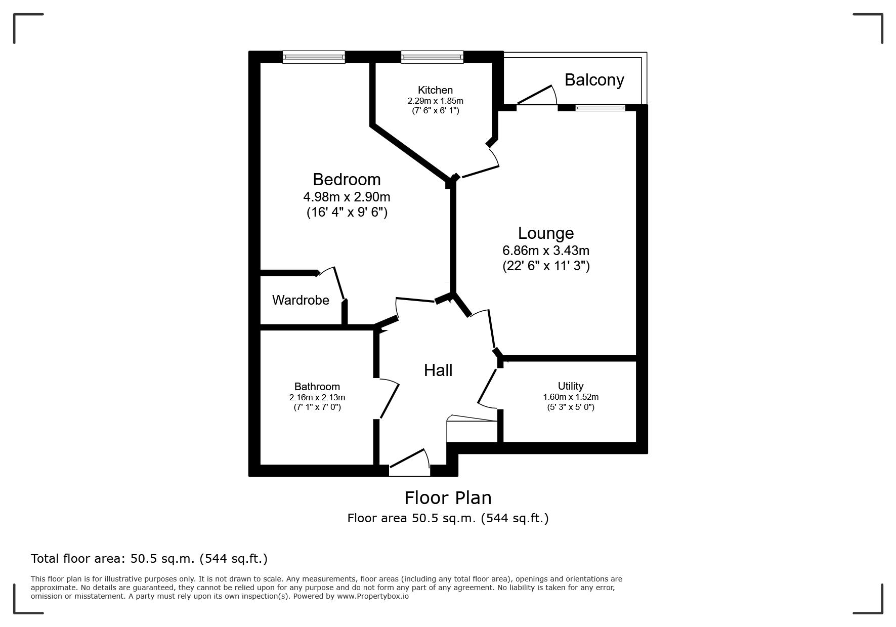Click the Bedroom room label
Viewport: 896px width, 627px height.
pyautogui.click(x=347, y=180)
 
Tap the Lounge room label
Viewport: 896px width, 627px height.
pyautogui.click(x=546, y=233)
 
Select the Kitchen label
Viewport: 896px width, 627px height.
pyautogui.click(x=435, y=90)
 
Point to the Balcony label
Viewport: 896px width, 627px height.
pyautogui.click(x=594, y=80)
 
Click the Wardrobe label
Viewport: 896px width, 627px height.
pyautogui.click(x=301, y=300)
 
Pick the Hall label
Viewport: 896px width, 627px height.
pyautogui.click(x=438, y=370)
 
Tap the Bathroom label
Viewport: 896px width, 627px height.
pyautogui.click(x=317, y=387)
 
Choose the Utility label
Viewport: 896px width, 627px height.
pyautogui.click(x=571, y=386)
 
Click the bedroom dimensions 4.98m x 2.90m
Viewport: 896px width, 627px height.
pyautogui.click(x=347, y=196)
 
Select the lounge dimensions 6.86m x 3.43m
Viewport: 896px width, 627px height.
pyautogui.click(x=546, y=250)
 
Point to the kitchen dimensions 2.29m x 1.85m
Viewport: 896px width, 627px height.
pyautogui.click(x=435, y=101)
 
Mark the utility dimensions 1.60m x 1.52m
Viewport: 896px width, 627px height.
pyautogui.click(x=571, y=397)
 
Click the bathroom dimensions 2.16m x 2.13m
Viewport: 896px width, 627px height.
pyautogui.click(x=317, y=398)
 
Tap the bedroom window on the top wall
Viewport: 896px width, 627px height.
pyautogui.click(x=314, y=57)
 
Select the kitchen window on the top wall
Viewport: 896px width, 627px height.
pyautogui.click(x=432, y=57)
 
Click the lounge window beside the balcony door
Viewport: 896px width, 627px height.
pyautogui.click(x=601, y=107)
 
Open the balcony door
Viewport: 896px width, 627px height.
pyautogui.click(x=536, y=96)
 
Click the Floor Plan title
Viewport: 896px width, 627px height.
pyautogui.click(x=448, y=498)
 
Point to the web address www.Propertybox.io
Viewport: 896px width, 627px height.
pyautogui.click(x=373, y=596)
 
